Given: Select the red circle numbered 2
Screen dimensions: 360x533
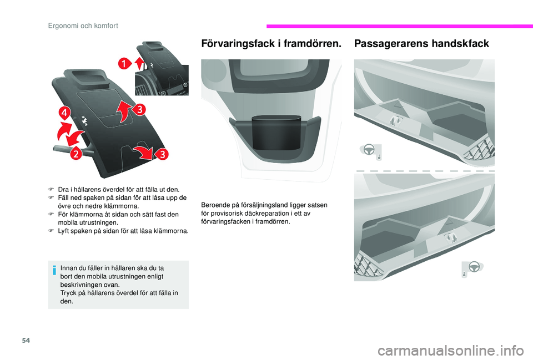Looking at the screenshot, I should point(76,154).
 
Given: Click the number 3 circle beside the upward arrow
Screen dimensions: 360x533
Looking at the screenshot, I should point(139,110).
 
